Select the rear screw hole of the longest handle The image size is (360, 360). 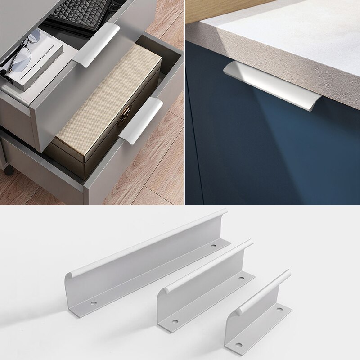coord(213,246)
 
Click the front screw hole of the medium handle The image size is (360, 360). coord(175,322)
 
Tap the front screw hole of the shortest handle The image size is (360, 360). coord(238,345)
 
